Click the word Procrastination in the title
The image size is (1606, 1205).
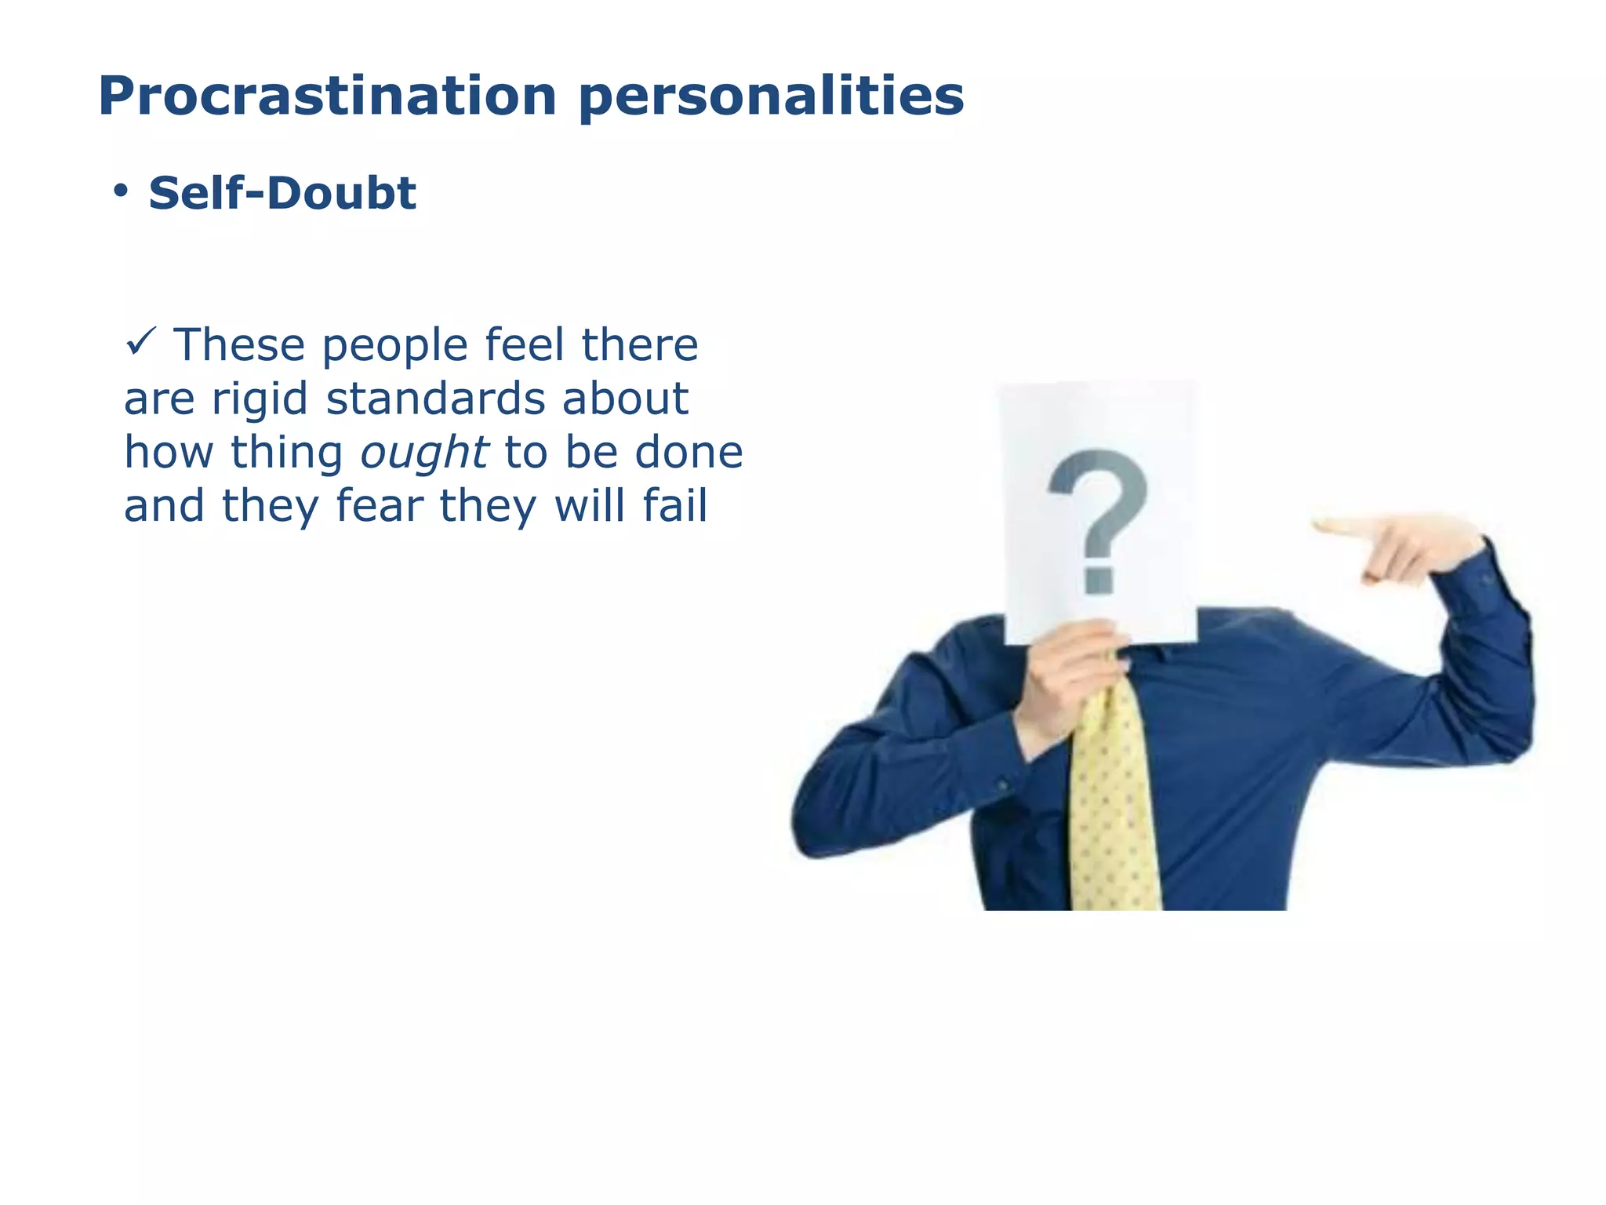pos(327,96)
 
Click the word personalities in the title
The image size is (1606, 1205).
pos(772,96)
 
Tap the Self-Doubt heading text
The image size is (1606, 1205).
pos(282,194)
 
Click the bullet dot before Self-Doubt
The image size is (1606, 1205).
pos(120,191)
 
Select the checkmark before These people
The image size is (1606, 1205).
pos(142,343)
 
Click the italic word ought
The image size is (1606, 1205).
pos(423,453)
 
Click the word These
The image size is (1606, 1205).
pos(238,345)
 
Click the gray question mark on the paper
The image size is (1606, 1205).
pos(1098,502)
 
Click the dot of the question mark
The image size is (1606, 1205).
pos(1099,579)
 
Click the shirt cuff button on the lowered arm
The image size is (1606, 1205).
pos(1002,784)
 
